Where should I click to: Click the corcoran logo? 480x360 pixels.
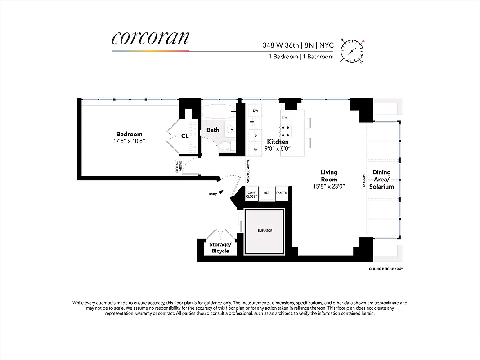point(150,38)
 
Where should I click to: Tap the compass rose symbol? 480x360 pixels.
point(352,49)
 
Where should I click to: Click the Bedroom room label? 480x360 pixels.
point(129,134)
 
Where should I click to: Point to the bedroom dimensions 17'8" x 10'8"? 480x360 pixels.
point(129,141)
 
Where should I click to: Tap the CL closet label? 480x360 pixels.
point(185,136)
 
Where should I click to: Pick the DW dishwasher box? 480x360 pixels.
point(256,111)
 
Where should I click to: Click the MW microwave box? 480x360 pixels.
point(284,117)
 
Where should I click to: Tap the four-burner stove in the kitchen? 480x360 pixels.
point(285,131)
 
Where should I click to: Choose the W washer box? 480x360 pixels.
point(256,149)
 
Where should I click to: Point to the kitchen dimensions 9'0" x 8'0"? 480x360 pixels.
point(278,148)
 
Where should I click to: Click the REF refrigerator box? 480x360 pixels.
point(266,193)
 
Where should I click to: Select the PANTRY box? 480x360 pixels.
point(282,193)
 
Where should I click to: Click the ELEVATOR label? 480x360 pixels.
point(265,231)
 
